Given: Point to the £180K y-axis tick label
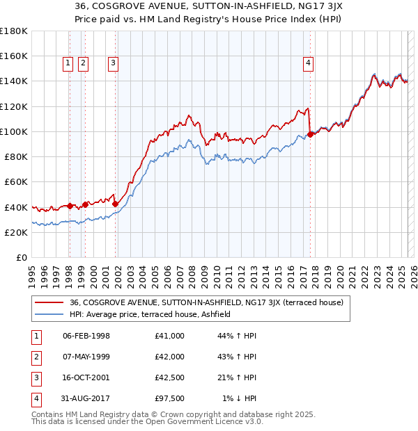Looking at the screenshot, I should [x=13, y=31].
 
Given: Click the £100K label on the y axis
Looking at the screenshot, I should [x=13, y=131].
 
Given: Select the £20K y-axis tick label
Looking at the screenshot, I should [x=15, y=233].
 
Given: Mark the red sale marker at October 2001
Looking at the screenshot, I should [x=116, y=204].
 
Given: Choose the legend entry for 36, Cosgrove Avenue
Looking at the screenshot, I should [x=202, y=302].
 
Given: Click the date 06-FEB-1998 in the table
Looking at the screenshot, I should [x=86, y=336].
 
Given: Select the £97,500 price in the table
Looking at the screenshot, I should [x=170, y=398].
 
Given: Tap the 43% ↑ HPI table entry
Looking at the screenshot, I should [x=238, y=357].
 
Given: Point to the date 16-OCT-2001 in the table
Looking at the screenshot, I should [x=86, y=377].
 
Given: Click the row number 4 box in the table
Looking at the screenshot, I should [x=34, y=398].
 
